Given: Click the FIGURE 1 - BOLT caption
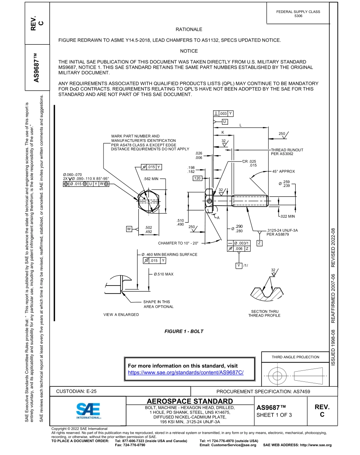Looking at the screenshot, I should point(184,331).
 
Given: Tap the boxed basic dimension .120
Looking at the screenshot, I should point(197,178).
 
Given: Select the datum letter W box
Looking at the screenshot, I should point(129,229).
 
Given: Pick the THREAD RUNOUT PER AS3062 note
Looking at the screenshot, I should point(287,152).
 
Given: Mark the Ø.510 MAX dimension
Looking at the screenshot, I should point(163,274).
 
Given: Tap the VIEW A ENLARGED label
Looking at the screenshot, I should point(121,315).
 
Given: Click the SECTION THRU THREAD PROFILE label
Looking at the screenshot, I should point(264,314).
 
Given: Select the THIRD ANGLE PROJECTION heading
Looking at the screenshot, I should point(295,357).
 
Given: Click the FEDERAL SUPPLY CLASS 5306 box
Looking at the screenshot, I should point(298,14).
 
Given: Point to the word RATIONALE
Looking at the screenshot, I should point(189,29).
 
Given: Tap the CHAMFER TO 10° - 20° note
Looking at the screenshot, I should point(178,243).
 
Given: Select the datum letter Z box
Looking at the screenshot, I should point(260,243).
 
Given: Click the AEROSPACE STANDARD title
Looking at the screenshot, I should point(190,401).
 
